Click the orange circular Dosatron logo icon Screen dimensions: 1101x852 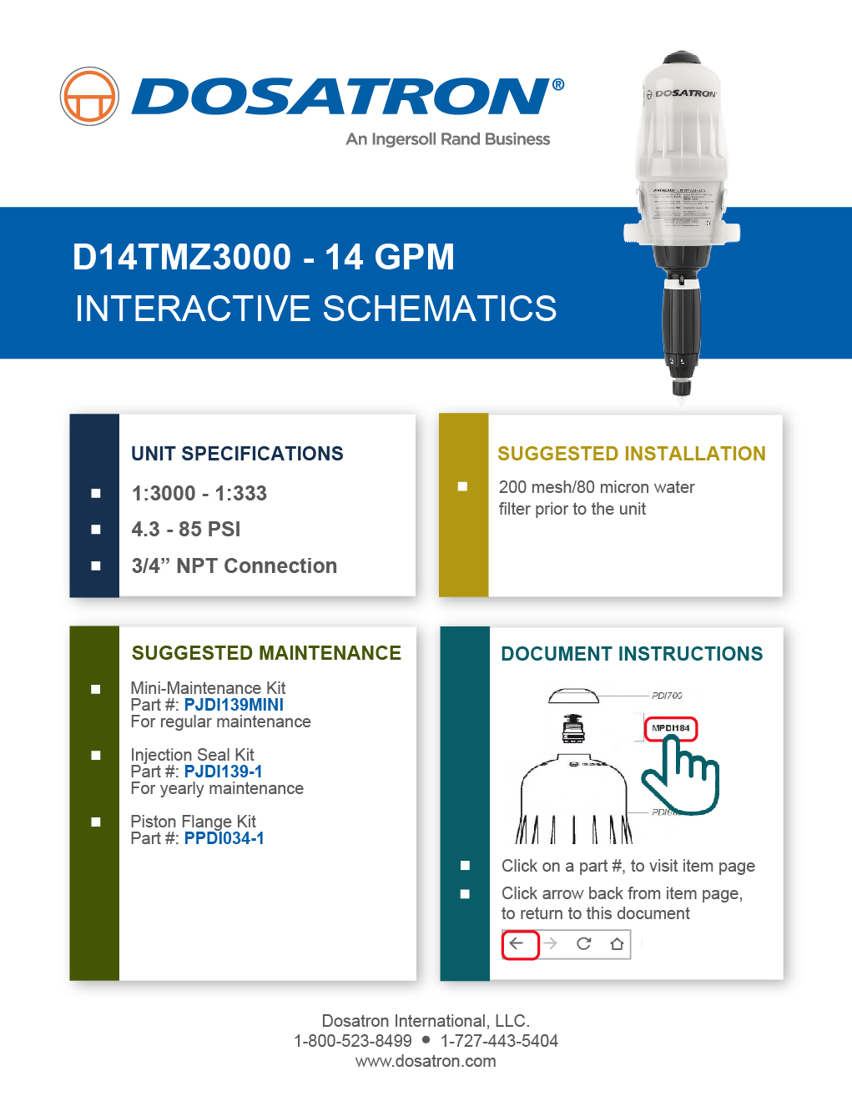(x=89, y=97)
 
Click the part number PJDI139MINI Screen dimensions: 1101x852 (x=234, y=705)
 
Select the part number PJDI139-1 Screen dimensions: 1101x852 (x=223, y=772)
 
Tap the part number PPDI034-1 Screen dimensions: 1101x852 (x=224, y=838)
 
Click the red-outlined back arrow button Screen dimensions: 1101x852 (x=519, y=944)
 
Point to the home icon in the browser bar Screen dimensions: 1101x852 (x=617, y=944)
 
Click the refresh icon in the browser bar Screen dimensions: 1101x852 (x=583, y=944)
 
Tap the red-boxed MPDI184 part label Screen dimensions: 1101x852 (x=670, y=728)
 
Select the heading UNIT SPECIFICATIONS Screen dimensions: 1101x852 (x=237, y=454)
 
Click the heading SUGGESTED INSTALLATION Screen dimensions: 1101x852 (x=631, y=454)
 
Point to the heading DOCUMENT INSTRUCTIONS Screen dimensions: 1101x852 (x=631, y=654)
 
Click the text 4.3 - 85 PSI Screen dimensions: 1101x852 (x=186, y=530)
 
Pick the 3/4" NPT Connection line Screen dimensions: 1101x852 (x=234, y=566)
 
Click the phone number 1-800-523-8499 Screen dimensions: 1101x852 (x=352, y=1041)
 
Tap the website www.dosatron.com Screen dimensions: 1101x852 (x=426, y=1061)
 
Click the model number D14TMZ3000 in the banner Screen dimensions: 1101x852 (x=182, y=257)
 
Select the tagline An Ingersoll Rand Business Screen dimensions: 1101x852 (x=448, y=139)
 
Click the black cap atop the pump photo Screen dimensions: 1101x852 (x=682, y=58)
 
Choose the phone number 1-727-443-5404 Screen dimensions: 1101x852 (x=499, y=1041)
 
